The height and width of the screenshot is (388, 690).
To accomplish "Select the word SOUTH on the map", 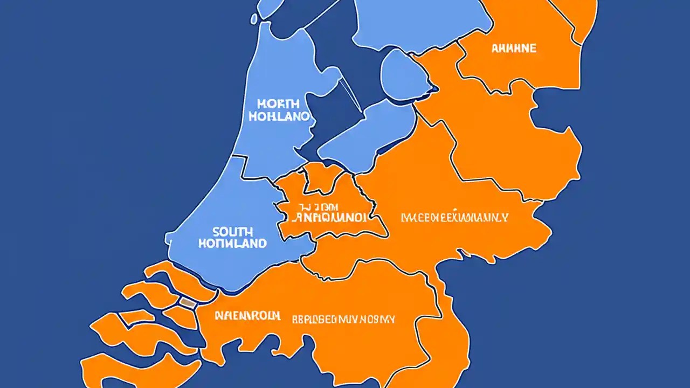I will coord(232,232).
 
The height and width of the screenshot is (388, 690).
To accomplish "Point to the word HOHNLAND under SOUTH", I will coord(232,244).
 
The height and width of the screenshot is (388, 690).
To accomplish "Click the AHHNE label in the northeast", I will coord(514,48).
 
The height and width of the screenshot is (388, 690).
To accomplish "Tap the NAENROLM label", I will coord(247,316).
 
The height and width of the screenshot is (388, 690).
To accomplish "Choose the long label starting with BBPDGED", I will coord(343,319).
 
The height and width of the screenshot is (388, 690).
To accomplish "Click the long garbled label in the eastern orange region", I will coord(454,218).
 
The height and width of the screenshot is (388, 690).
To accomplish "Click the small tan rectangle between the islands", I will coord(188,303).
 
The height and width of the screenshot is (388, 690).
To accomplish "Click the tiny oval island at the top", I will coord(253,18).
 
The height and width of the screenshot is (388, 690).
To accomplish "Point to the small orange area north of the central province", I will coord(322,178).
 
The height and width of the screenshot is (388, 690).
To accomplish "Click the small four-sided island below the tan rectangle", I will coord(180,317).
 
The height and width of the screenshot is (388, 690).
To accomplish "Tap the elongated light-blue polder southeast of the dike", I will coord(367,135).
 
